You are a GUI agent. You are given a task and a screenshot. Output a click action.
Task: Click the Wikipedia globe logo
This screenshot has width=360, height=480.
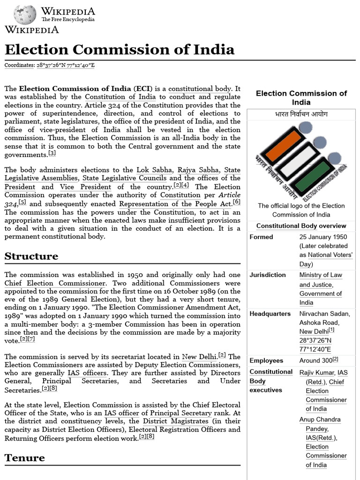tap(24, 15)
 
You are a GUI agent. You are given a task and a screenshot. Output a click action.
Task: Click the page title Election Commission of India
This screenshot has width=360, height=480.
tap(120, 49)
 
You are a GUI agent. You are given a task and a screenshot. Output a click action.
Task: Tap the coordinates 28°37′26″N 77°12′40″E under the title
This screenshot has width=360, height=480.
tap(66, 65)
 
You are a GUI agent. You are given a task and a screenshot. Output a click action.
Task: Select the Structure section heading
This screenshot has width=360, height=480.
tap(31, 256)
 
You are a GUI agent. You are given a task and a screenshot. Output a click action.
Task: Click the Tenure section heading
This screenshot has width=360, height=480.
tap(25, 458)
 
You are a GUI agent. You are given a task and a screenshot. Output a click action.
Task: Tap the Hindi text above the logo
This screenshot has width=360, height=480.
tap(301, 114)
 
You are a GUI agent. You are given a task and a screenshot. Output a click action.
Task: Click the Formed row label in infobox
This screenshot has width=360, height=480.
tap(261, 237)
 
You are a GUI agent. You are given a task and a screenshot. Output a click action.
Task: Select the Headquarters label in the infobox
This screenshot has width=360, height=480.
tap(270, 314)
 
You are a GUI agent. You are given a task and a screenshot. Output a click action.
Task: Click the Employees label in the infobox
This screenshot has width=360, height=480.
tap(266, 360)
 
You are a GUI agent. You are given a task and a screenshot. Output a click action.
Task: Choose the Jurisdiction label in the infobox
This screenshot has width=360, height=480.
tap(268, 275)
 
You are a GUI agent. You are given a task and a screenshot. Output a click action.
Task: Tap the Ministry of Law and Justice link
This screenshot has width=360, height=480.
tap(321, 280)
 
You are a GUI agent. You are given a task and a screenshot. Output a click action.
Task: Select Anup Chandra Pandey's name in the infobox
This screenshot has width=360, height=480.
tap(320, 424)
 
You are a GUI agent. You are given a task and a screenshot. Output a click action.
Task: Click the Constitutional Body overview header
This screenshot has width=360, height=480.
tap(301, 226)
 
